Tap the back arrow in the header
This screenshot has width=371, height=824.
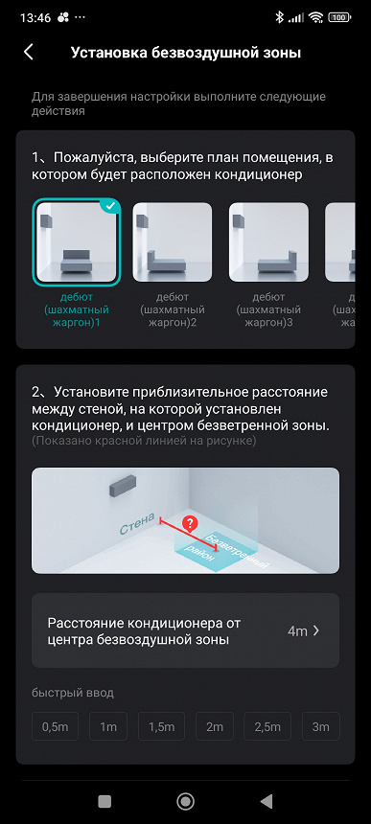click(29, 53)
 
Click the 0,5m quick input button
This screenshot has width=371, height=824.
click(55, 727)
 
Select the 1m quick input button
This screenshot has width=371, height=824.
click(107, 727)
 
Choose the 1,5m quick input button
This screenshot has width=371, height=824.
click(161, 727)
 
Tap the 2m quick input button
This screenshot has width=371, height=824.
click(215, 727)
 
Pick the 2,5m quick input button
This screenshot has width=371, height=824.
click(267, 727)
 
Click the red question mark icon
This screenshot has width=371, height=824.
click(190, 522)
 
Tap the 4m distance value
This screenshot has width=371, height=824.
click(297, 631)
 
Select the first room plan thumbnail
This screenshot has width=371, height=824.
click(77, 242)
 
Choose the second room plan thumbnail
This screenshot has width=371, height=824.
click(173, 242)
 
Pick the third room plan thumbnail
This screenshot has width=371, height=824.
click(268, 242)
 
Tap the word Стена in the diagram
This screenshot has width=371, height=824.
click(136, 524)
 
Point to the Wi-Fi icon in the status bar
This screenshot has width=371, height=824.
click(315, 17)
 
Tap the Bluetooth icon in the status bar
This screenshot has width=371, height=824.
click(280, 17)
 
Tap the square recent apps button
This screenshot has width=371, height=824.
click(104, 801)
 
